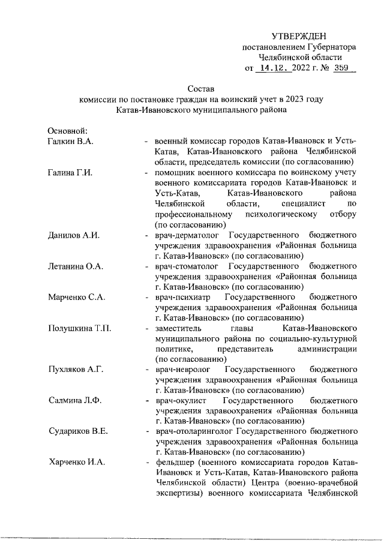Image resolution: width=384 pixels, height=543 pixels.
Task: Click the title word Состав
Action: tap(191, 89)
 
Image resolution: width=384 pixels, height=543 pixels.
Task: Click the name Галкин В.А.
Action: tap(71, 141)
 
